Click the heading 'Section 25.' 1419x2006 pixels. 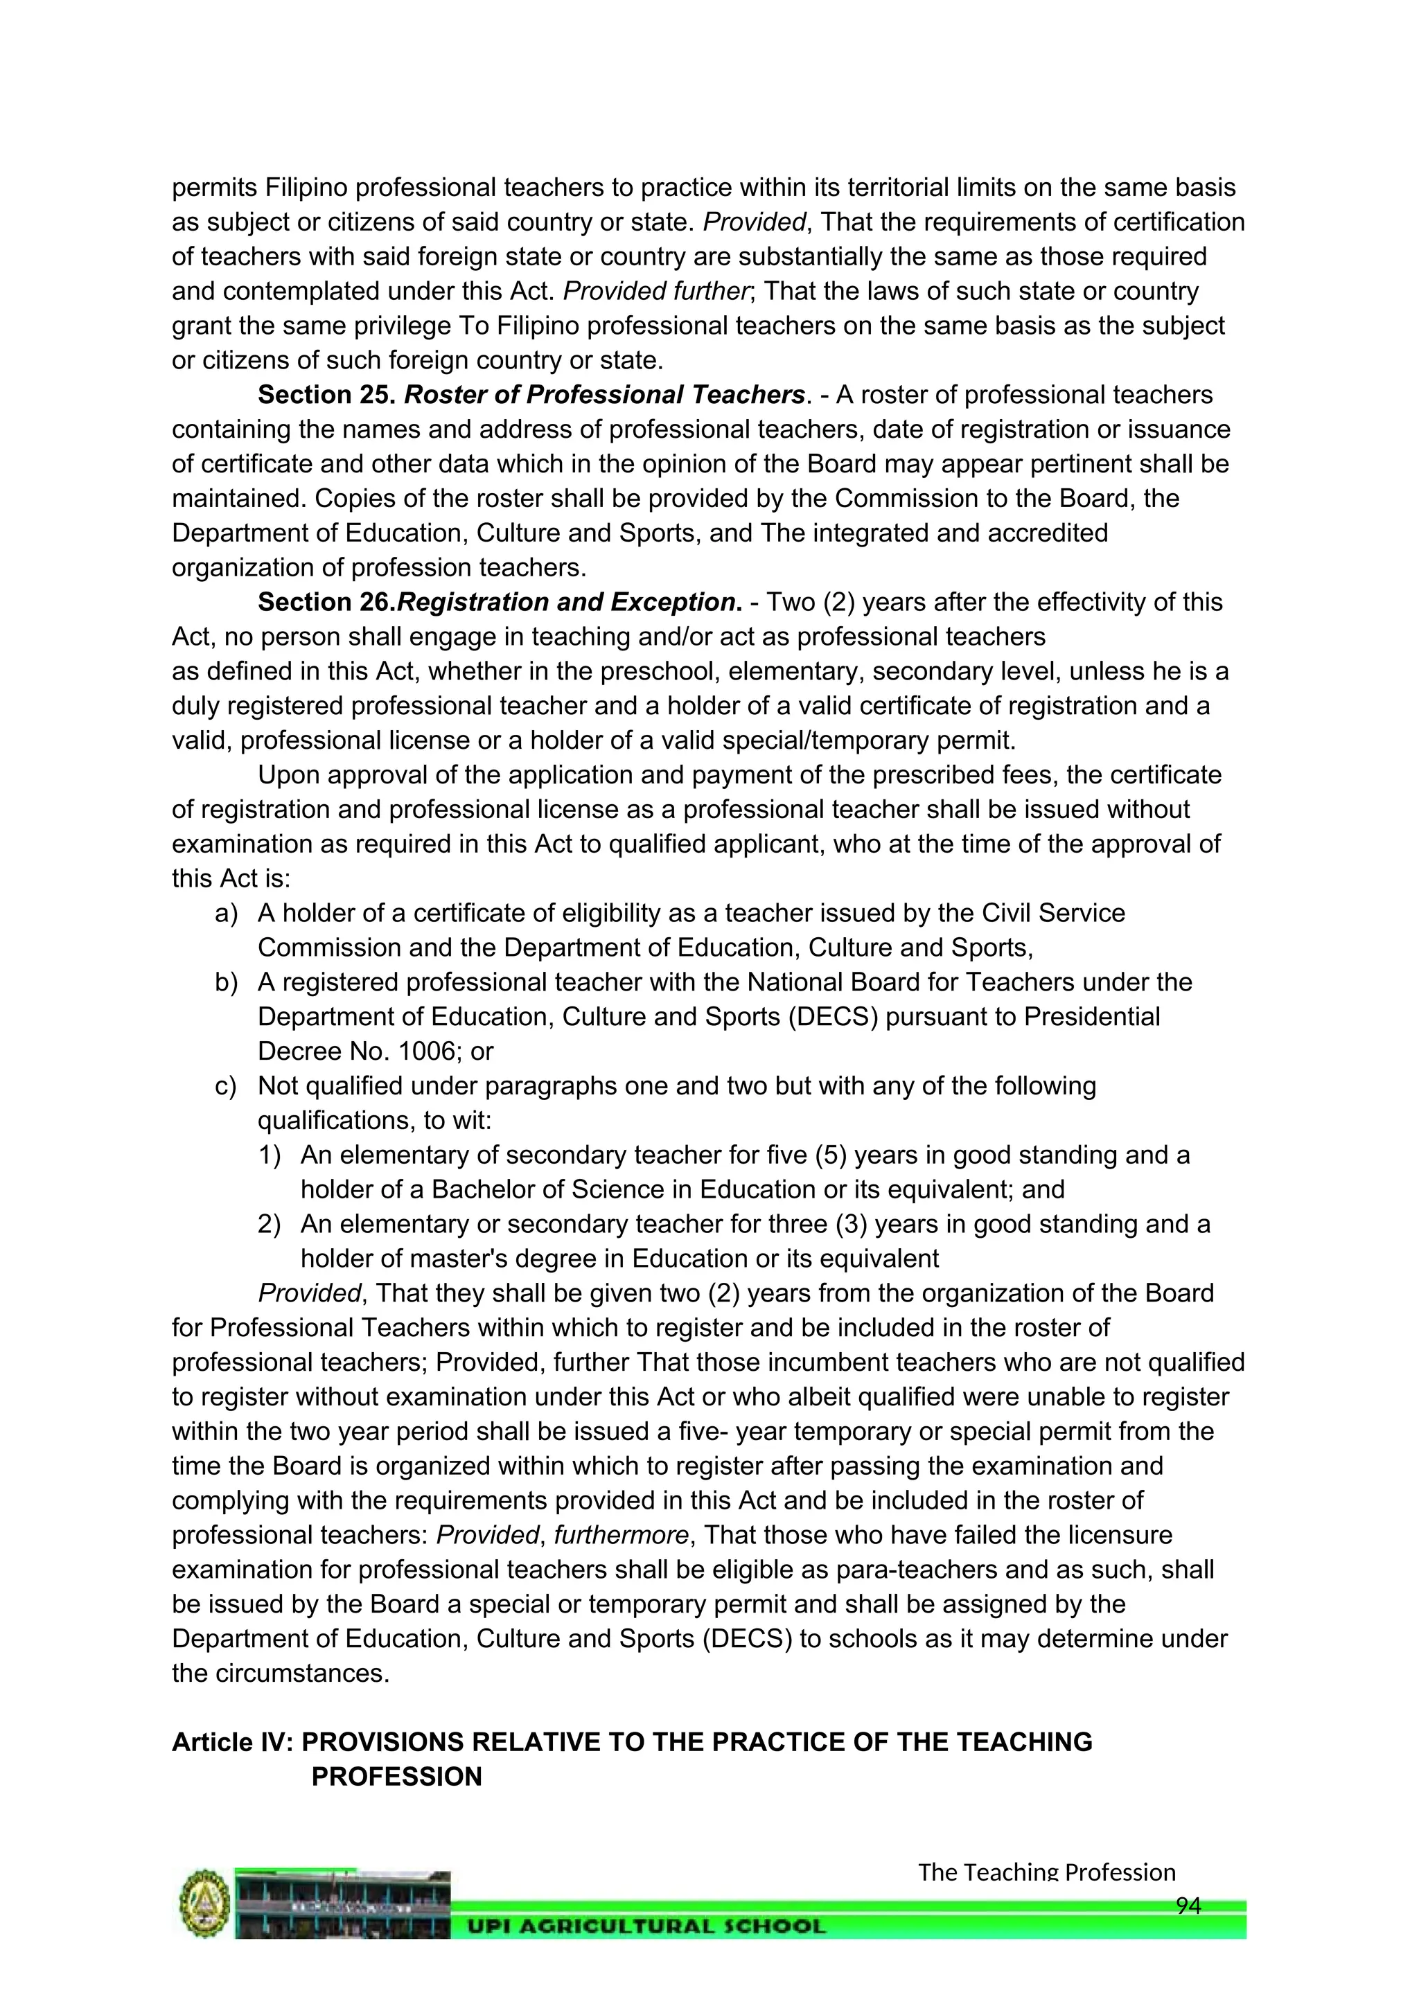pyautogui.click(x=327, y=395)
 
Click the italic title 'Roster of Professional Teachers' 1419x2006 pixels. pyautogui.click(x=603, y=395)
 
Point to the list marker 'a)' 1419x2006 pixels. pyautogui.click(x=227, y=913)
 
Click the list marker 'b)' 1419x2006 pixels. pyautogui.click(x=227, y=982)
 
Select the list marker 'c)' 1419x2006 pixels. pyautogui.click(x=227, y=1086)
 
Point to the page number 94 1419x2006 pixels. pyautogui.click(x=1188, y=1906)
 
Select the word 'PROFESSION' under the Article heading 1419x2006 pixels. pyautogui.click(x=397, y=1777)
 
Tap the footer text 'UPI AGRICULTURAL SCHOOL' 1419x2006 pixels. pyautogui.click(x=646, y=1926)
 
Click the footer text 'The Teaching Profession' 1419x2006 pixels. pyautogui.click(x=1046, y=1872)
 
